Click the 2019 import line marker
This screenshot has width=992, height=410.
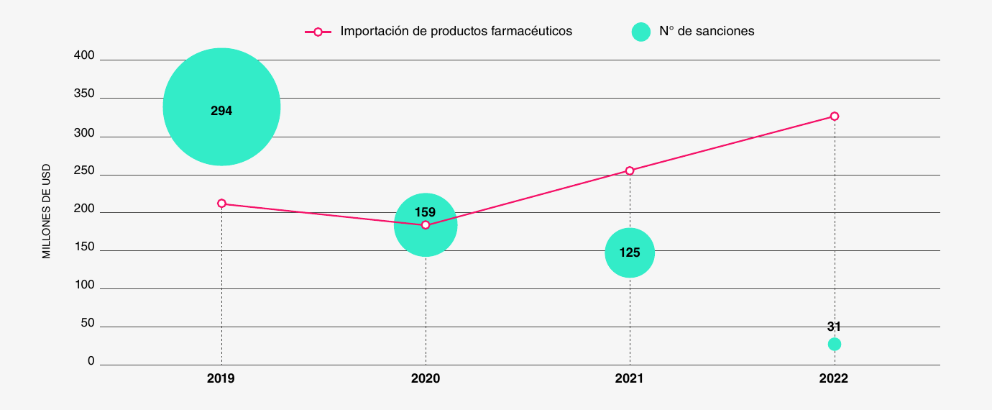pos(221,204)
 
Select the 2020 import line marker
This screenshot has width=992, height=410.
pos(426,225)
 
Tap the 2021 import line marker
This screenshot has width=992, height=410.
pos(630,170)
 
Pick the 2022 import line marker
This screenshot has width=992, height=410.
pos(835,116)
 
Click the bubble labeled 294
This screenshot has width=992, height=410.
pos(221,107)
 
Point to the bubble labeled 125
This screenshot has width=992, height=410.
pos(630,252)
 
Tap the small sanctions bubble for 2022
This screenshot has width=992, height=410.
pos(835,344)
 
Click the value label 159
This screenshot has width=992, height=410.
pos(426,212)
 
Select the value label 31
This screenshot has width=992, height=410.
pos(834,327)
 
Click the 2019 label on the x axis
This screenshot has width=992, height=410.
pos(221,378)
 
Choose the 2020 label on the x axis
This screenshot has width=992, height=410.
pos(426,378)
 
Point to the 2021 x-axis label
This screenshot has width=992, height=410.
pos(630,378)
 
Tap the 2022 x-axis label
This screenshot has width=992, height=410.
pos(834,378)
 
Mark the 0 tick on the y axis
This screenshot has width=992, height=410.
pos(91,360)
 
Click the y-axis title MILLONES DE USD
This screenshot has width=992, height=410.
pos(47,211)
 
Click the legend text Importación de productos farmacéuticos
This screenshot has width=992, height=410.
pos(456,31)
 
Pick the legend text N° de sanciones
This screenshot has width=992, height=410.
pos(707,31)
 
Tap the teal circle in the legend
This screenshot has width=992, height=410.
pos(640,32)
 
